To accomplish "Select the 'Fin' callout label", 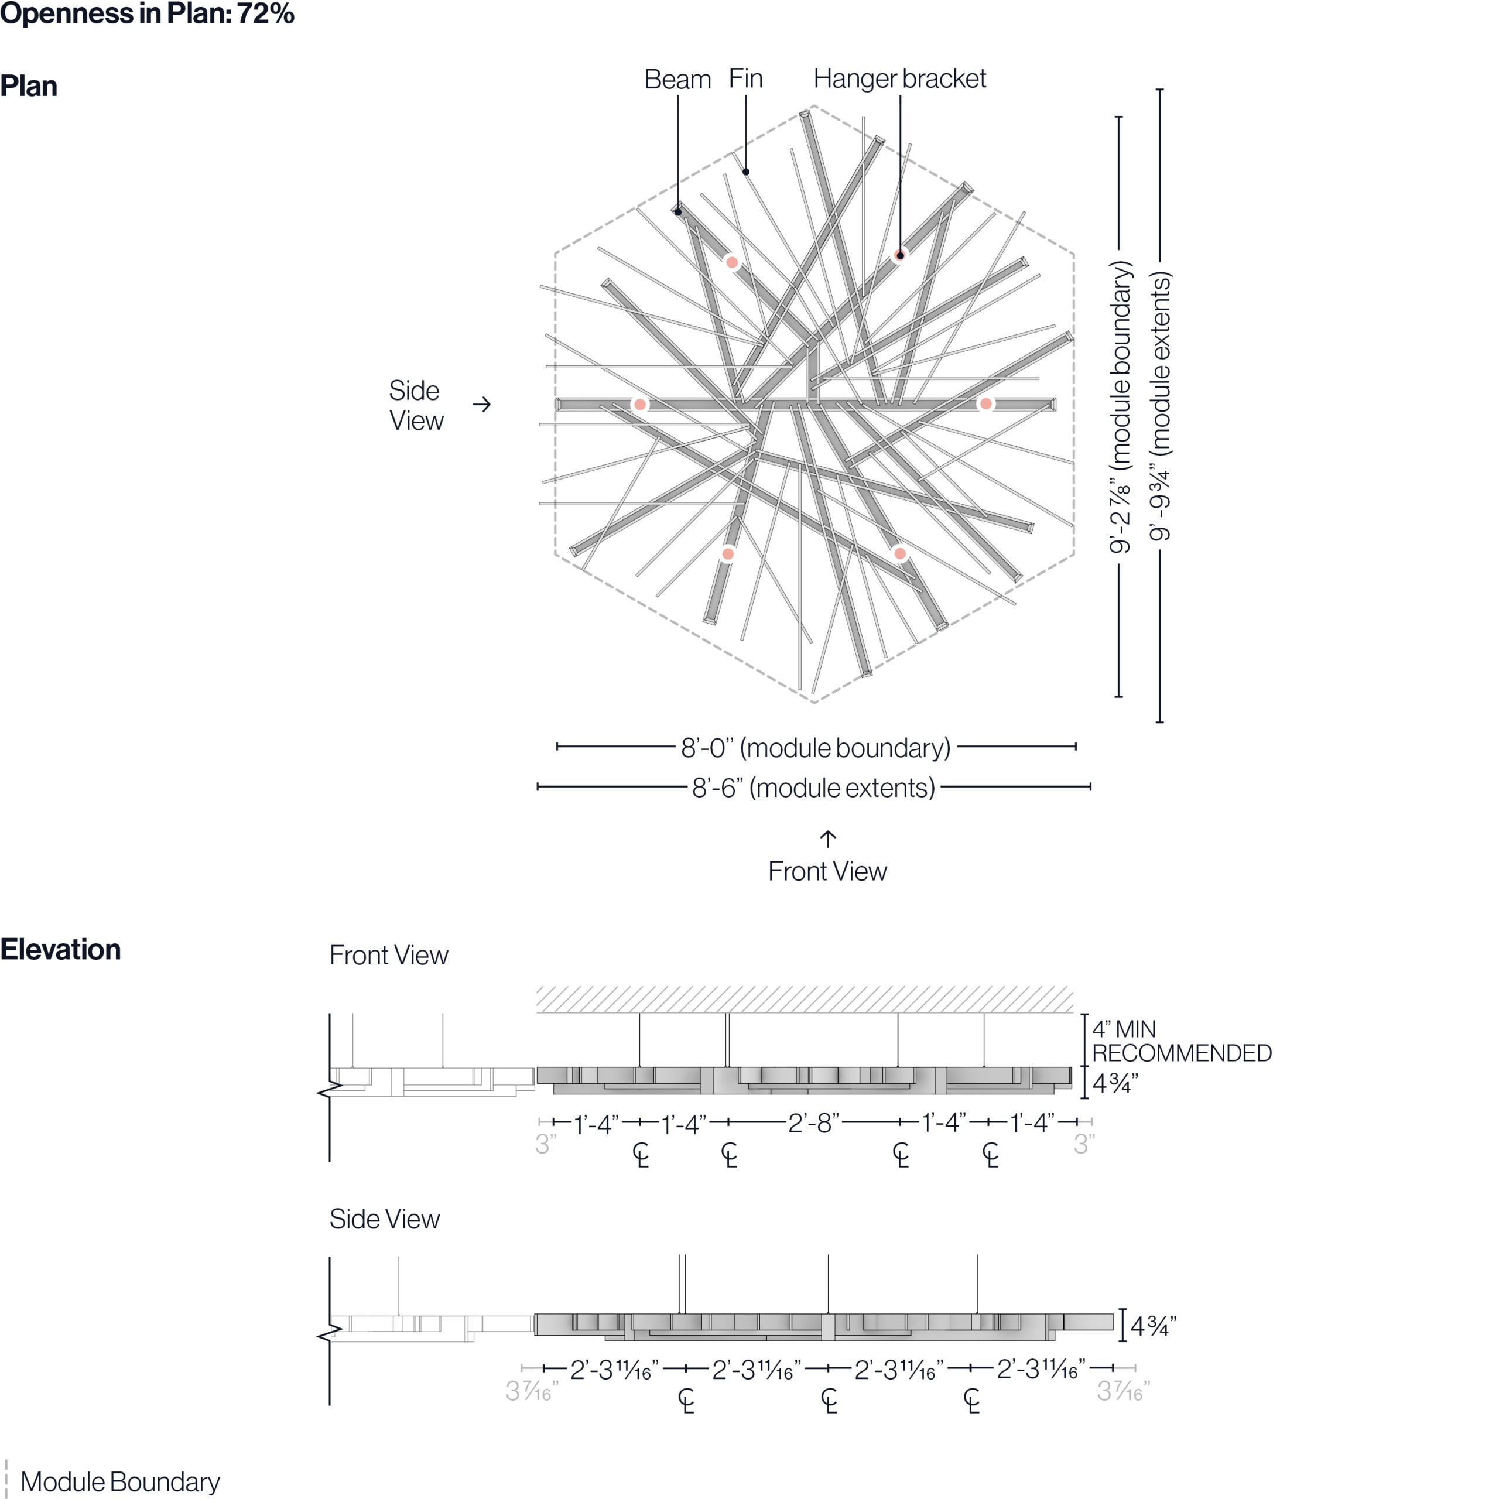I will coord(745,78).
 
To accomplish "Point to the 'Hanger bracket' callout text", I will coord(899,78).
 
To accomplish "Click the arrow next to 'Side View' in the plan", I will coord(482,404).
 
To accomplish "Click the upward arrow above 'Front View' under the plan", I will coord(828,839).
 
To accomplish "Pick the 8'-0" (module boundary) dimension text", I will coord(816,747).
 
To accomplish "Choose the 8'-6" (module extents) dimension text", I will coord(813,788).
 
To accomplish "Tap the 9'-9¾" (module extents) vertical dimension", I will coord(1160,406).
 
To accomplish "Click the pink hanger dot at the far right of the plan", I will coord(985,403).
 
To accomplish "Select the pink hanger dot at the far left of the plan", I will coord(639,404).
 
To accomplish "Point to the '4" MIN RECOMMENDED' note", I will coord(1181,1041).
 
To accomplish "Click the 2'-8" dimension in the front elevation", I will coord(813,1122).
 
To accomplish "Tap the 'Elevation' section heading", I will coord(60,950).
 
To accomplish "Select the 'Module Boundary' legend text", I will coord(119,1481).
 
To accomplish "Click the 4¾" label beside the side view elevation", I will coord(1153,1326).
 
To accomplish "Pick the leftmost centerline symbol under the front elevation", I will coord(641,1155).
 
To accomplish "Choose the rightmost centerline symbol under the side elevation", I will coord(971,1401).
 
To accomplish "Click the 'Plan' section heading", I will coord(29,86).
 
